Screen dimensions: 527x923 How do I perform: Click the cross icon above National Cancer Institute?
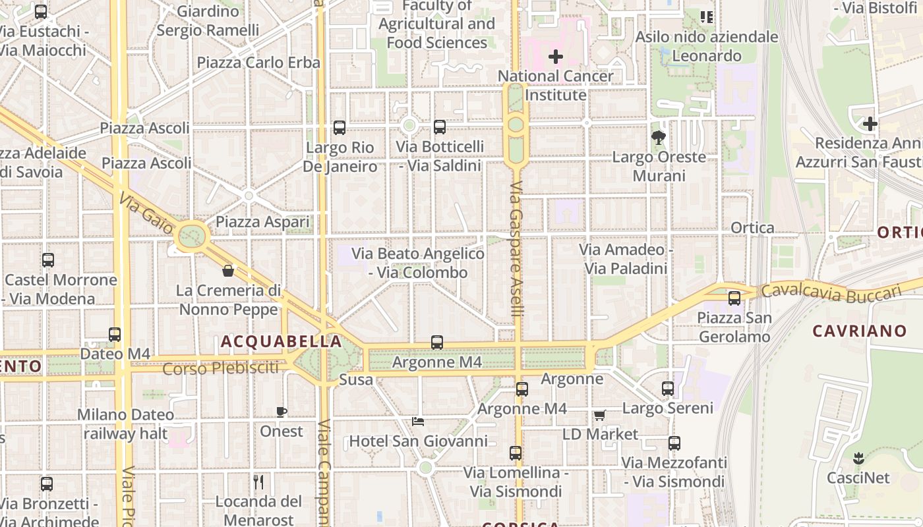(556, 57)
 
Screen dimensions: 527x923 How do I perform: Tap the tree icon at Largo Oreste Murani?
(658, 138)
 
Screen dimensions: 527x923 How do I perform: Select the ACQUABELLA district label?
(281, 341)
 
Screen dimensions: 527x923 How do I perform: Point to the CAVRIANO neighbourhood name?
(859, 331)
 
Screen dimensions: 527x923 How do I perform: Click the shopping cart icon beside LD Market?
(599, 415)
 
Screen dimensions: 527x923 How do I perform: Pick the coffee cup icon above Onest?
(282, 412)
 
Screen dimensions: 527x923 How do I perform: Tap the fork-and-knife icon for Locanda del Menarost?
(258, 482)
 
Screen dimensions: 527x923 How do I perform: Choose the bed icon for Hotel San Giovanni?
(418, 422)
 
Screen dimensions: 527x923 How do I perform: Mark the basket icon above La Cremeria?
(228, 271)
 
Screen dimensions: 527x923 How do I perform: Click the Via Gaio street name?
(146, 213)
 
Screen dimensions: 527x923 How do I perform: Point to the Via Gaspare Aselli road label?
(516, 248)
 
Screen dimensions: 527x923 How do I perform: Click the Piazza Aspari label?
(262, 222)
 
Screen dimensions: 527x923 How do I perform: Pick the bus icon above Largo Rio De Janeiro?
(340, 128)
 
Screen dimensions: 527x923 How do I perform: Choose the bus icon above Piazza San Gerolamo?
(734, 298)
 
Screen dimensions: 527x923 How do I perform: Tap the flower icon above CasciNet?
(858, 458)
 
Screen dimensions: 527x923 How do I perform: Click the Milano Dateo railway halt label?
(126, 424)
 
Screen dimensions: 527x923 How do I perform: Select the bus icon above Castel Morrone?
(48, 260)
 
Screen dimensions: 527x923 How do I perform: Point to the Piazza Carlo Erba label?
(258, 63)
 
